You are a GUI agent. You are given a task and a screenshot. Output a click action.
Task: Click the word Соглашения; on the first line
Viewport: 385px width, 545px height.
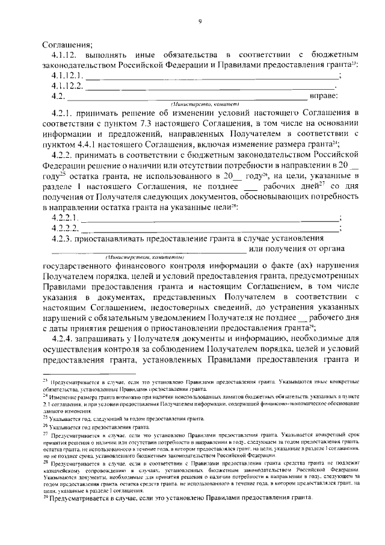pyautogui.click(x=67, y=43)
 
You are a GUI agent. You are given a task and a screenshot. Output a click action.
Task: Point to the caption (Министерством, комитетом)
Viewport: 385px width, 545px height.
pyautogui.click(x=144, y=257)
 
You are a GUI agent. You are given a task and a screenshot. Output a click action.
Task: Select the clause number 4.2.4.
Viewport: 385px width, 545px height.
pyautogui.click(x=63, y=340)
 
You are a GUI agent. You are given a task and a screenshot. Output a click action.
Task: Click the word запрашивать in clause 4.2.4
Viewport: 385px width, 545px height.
pyautogui.click(x=106, y=340)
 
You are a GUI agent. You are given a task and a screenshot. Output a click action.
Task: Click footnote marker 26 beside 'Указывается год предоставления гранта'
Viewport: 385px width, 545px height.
pyautogui.click(x=45, y=426)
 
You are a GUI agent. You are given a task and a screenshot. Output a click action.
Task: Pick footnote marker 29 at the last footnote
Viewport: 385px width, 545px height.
pyautogui.click(x=45, y=498)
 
